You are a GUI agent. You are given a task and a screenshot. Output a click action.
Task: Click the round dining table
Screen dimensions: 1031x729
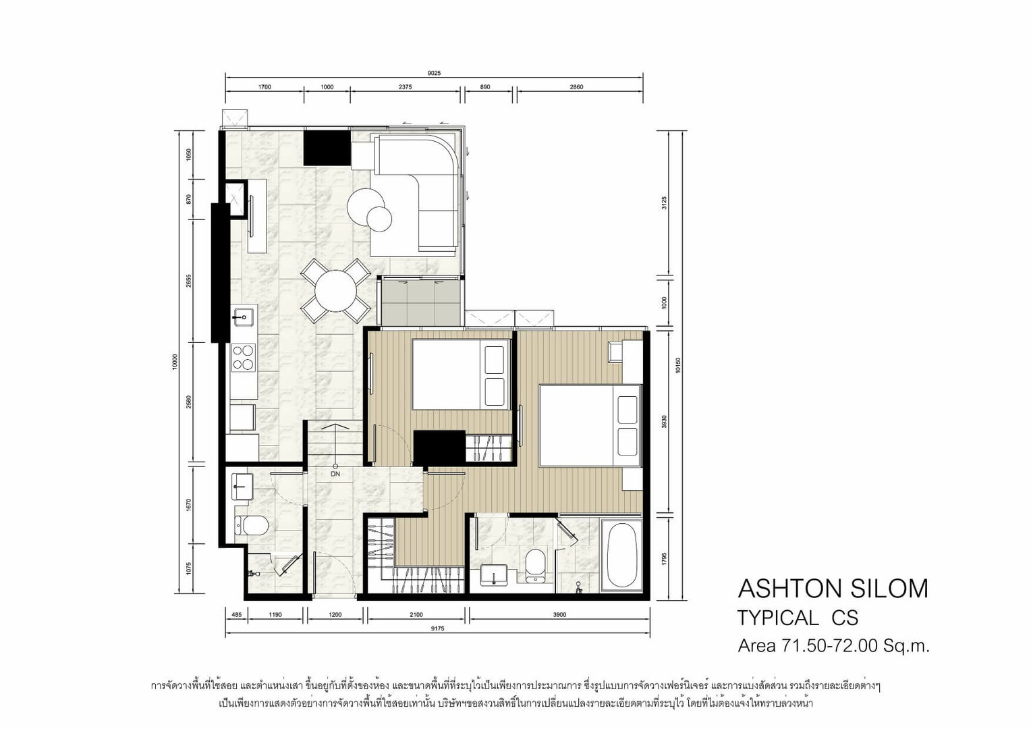tap(335, 291)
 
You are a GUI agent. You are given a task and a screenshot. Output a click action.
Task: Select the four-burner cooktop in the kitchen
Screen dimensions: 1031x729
tap(244, 357)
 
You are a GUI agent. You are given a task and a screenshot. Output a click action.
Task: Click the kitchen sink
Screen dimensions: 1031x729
tap(242, 316)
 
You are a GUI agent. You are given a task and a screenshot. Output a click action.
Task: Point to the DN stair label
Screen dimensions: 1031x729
tap(335, 474)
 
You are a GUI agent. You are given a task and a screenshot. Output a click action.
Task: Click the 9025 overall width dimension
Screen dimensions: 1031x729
tap(434, 73)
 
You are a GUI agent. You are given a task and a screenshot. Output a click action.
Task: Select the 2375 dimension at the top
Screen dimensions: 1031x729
tap(405, 86)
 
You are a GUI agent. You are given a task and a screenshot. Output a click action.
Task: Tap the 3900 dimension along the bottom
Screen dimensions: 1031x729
tap(559, 614)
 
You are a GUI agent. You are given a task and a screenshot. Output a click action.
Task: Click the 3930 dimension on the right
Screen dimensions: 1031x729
tap(664, 422)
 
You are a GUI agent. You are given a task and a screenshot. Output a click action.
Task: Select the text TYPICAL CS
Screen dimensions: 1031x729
tap(798, 618)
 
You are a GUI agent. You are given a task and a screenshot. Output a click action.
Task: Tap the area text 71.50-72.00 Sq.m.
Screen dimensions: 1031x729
tap(856, 646)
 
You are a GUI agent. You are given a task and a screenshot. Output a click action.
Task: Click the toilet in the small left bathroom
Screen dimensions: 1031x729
tap(251, 525)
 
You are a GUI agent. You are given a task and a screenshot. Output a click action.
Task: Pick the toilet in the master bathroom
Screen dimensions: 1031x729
tap(535, 566)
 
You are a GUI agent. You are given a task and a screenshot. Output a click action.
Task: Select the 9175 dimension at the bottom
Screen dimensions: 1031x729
tap(437, 628)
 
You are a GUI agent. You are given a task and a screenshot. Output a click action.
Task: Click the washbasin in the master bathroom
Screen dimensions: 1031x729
tap(494, 575)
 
